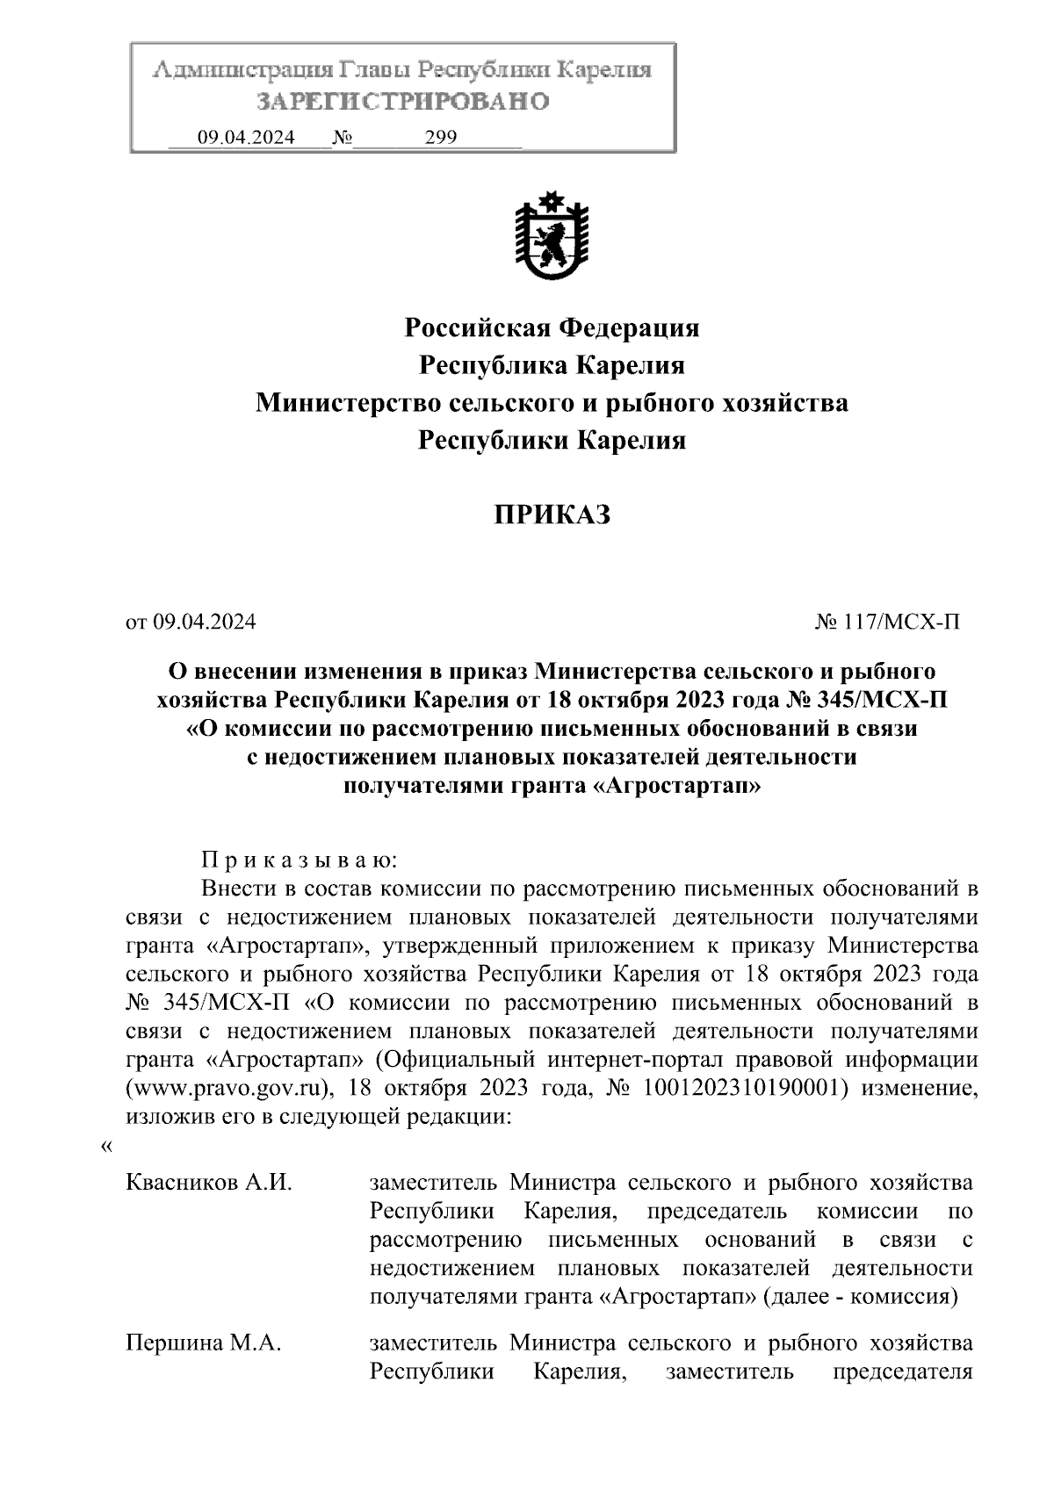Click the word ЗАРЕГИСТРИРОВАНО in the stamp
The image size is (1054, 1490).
pyautogui.click(x=402, y=102)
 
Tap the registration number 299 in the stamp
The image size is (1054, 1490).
pyautogui.click(x=441, y=137)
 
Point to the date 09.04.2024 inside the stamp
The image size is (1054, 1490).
pyautogui.click(x=246, y=137)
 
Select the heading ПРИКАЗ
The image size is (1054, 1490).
pyautogui.click(x=551, y=515)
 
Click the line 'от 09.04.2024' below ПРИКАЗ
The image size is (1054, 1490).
pyautogui.click(x=191, y=623)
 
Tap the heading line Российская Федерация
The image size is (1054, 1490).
pyautogui.click(x=552, y=328)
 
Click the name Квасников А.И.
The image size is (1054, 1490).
pyautogui.click(x=209, y=1183)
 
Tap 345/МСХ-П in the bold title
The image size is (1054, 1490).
pyautogui.click(x=880, y=701)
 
